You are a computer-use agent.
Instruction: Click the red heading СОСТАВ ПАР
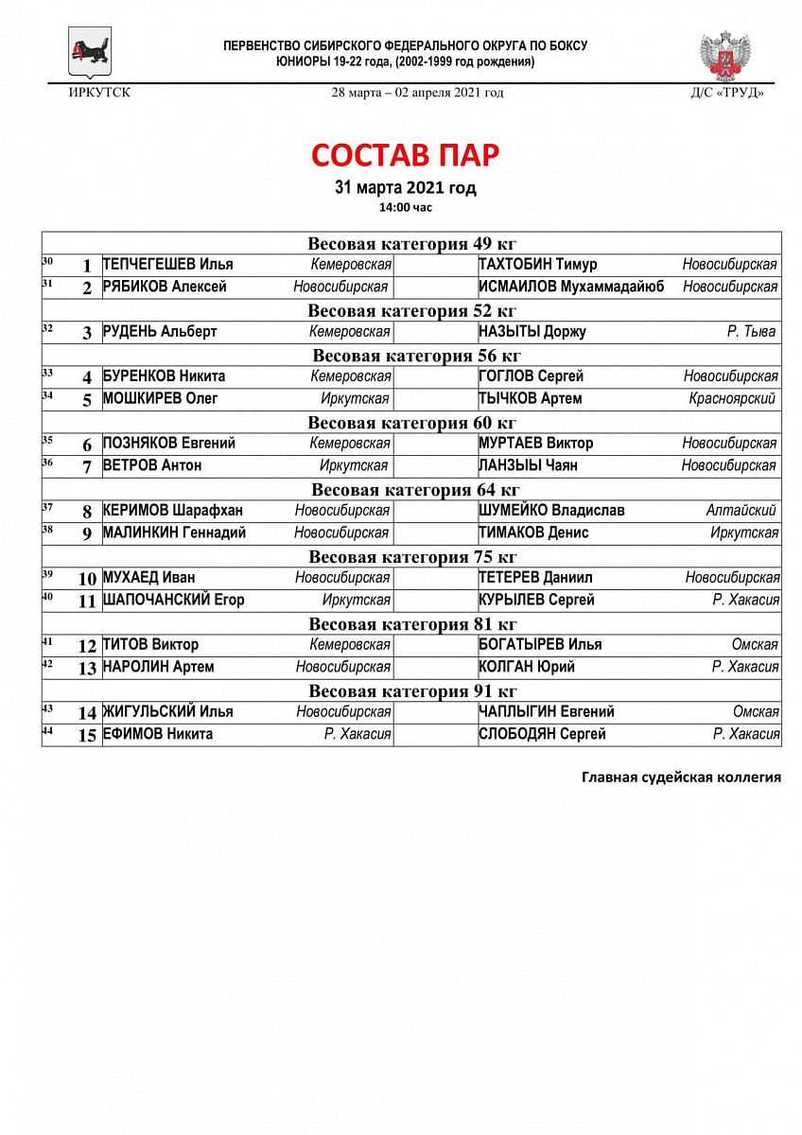[405, 155]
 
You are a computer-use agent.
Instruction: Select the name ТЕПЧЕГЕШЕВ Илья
[167, 265]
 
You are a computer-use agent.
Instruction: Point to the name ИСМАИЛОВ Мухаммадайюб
[571, 287]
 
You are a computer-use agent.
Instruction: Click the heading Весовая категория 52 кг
[411, 310]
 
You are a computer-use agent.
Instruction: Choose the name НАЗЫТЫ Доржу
[532, 332]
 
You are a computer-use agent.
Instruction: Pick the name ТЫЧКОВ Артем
[531, 399]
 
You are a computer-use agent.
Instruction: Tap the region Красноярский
[732, 399]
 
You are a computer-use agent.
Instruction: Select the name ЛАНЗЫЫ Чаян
[528, 465]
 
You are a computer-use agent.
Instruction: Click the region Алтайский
[741, 511]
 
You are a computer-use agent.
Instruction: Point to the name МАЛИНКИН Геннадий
[174, 533]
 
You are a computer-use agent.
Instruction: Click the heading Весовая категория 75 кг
[412, 557]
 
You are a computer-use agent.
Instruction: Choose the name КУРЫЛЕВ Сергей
[536, 600]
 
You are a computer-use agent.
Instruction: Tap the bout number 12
[87, 646]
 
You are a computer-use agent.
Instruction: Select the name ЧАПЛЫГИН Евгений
[547, 711]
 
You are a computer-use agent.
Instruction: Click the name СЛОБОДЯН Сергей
[542, 734]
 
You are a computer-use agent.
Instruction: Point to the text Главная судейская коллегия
[681, 777]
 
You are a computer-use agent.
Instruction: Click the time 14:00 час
[405, 206]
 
